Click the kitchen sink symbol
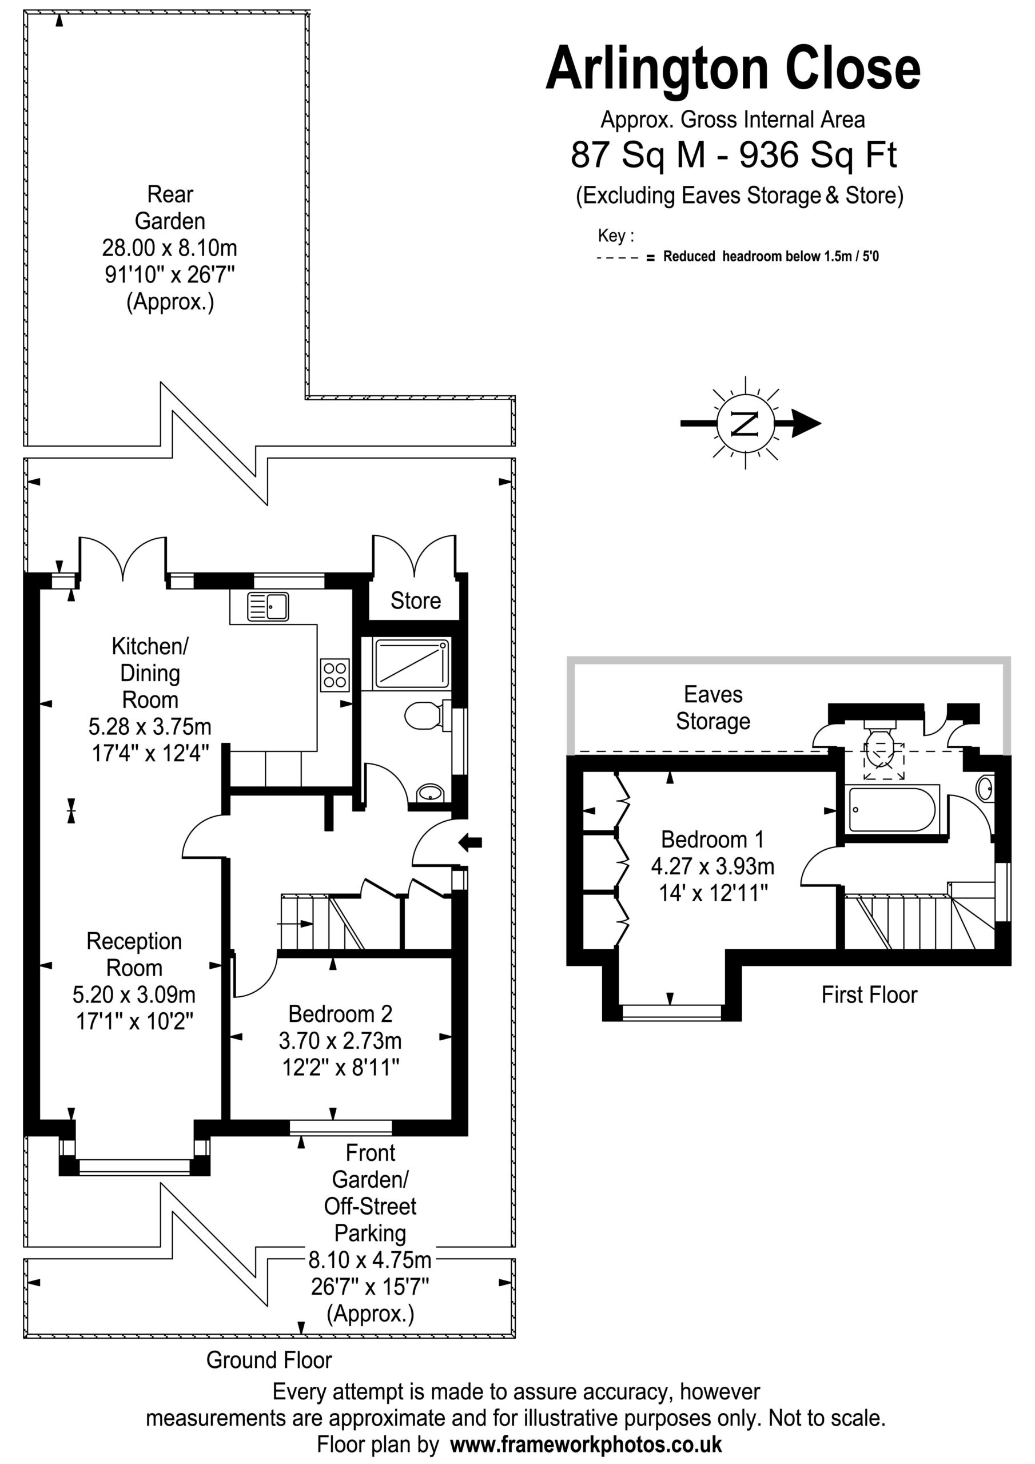pos(268,606)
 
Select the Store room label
pos(416,600)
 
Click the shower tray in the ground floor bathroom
pos(411,664)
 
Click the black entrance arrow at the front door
pos(471,842)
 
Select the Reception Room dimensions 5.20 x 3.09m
pos(134,994)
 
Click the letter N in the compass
pos(746,423)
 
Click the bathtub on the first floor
pos(893,809)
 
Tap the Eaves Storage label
pos(713,708)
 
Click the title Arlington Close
pos(734,68)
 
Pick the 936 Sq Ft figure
pos(818,155)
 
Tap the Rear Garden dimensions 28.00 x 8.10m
pos(170,248)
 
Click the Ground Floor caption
pos(269,1360)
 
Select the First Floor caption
pos(869,994)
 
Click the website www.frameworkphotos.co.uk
pos(586,1444)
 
